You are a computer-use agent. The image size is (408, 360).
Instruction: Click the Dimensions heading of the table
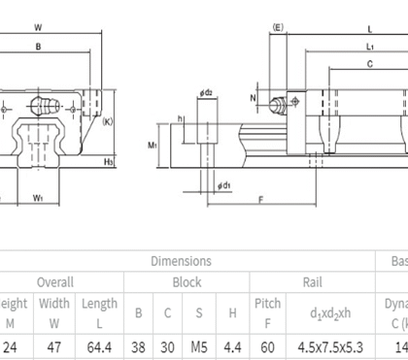click(x=181, y=260)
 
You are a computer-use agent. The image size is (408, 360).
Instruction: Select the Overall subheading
click(x=55, y=281)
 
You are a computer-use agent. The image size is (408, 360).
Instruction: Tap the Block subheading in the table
click(x=187, y=281)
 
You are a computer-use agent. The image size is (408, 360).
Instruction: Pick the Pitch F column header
click(x=267, y=311)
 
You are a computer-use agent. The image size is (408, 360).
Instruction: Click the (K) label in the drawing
click(x=108, y=121)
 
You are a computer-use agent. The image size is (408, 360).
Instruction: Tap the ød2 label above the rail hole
click(x=206, y=93)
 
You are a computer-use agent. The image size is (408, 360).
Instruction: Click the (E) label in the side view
click(x=278, y=27)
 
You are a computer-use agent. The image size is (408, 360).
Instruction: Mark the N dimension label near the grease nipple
click(x=254, y=98)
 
